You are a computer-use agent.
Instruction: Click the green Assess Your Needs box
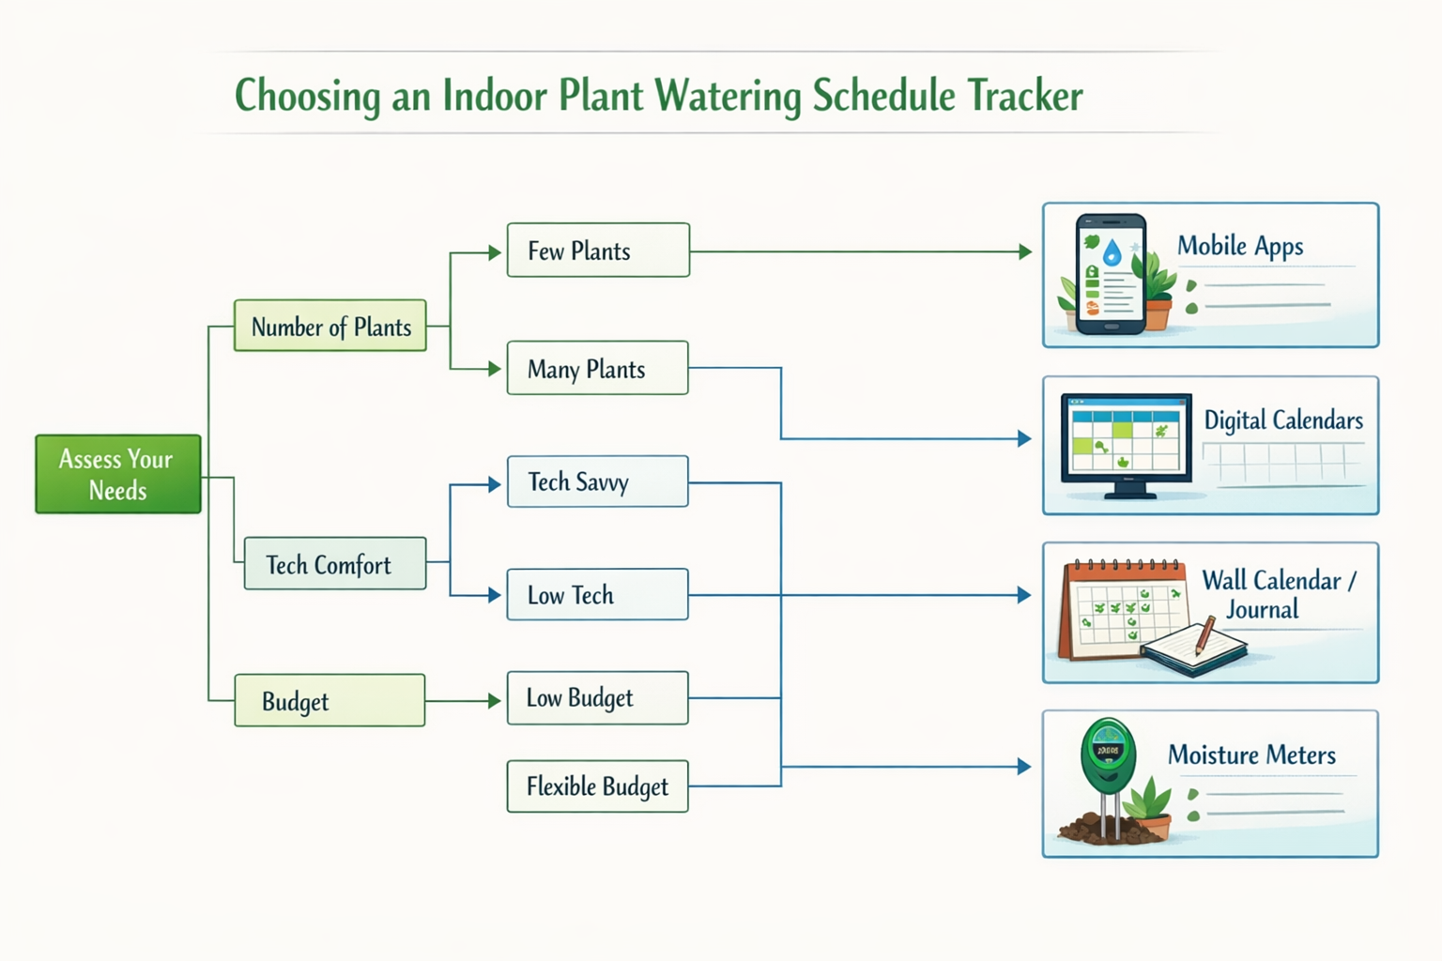118,474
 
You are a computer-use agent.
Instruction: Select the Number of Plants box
330,326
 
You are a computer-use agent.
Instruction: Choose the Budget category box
330,700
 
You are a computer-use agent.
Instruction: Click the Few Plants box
598,251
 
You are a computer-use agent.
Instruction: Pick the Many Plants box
598,368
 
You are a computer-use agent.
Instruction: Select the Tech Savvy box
598,481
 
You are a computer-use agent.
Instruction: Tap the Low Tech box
598,594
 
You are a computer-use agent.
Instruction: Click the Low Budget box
598,697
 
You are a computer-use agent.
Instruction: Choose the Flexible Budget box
598,786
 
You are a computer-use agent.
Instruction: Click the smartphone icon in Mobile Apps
1112,274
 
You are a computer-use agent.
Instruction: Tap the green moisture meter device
1108,756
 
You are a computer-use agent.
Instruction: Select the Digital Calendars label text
1283,420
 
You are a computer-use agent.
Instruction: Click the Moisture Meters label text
1251,755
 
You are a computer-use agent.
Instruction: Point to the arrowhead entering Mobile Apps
1025,252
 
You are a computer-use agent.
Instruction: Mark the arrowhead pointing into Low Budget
494,701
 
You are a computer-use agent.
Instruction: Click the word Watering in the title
728,96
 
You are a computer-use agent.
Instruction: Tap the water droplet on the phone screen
1112,252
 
